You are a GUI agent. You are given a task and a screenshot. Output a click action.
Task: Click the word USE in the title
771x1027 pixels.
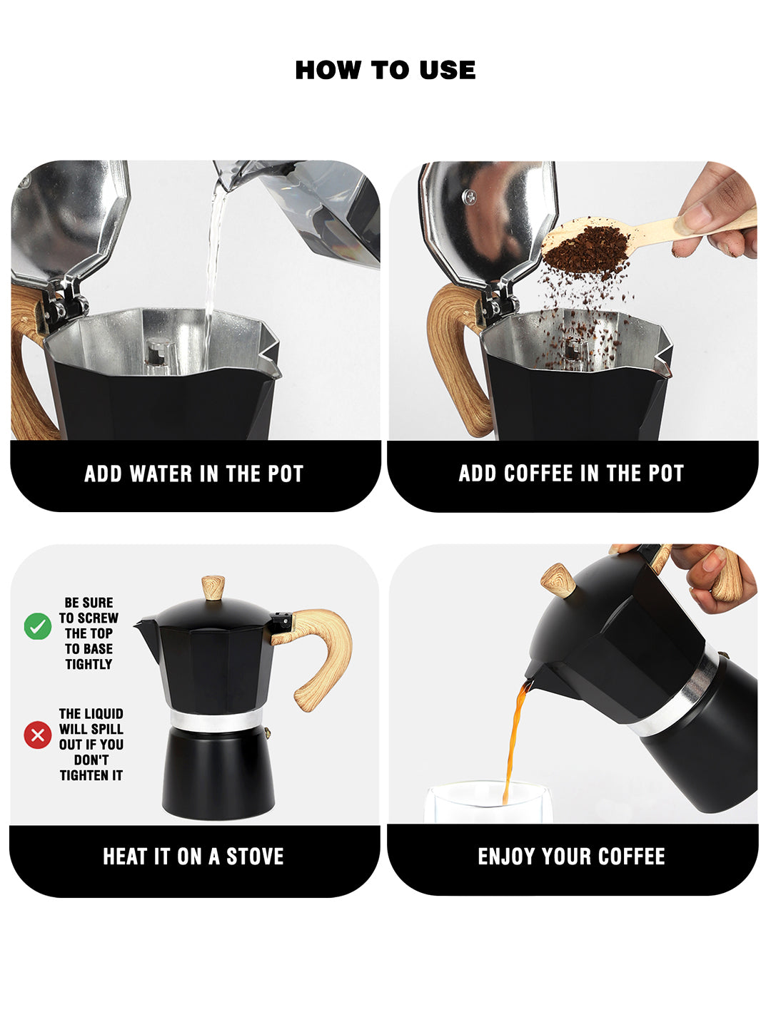pyautogui.click(x=447, y=70)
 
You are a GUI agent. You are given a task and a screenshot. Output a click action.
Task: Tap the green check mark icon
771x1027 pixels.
pyautogui.click(x=38, y=626)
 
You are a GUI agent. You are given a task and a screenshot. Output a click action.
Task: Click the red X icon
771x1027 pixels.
pyautogui.click(x=38, y=735)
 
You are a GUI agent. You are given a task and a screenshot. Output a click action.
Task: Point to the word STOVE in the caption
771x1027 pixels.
pyautogui.click(x=255, y=857)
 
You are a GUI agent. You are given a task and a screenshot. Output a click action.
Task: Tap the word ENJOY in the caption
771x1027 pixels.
pyautogui.click(x=507, y=857)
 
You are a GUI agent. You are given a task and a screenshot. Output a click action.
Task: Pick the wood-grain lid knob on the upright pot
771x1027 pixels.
pyautogui.click(x=213, y=588)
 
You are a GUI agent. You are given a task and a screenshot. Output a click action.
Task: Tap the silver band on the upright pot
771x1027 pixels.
pyautogui.click(x=216, y=720)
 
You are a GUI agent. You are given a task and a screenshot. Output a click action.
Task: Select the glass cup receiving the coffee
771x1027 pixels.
pyautogui.click(x=488, y=802)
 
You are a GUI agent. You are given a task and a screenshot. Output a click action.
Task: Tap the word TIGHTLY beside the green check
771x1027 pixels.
pyautogui.click(x=89, y=665)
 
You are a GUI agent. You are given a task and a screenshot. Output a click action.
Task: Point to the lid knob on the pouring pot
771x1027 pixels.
pyautogui.click(x=559, y=580)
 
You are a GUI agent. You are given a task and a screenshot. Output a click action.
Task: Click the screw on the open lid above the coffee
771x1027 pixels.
pyautogui.click(x=468, y=197)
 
